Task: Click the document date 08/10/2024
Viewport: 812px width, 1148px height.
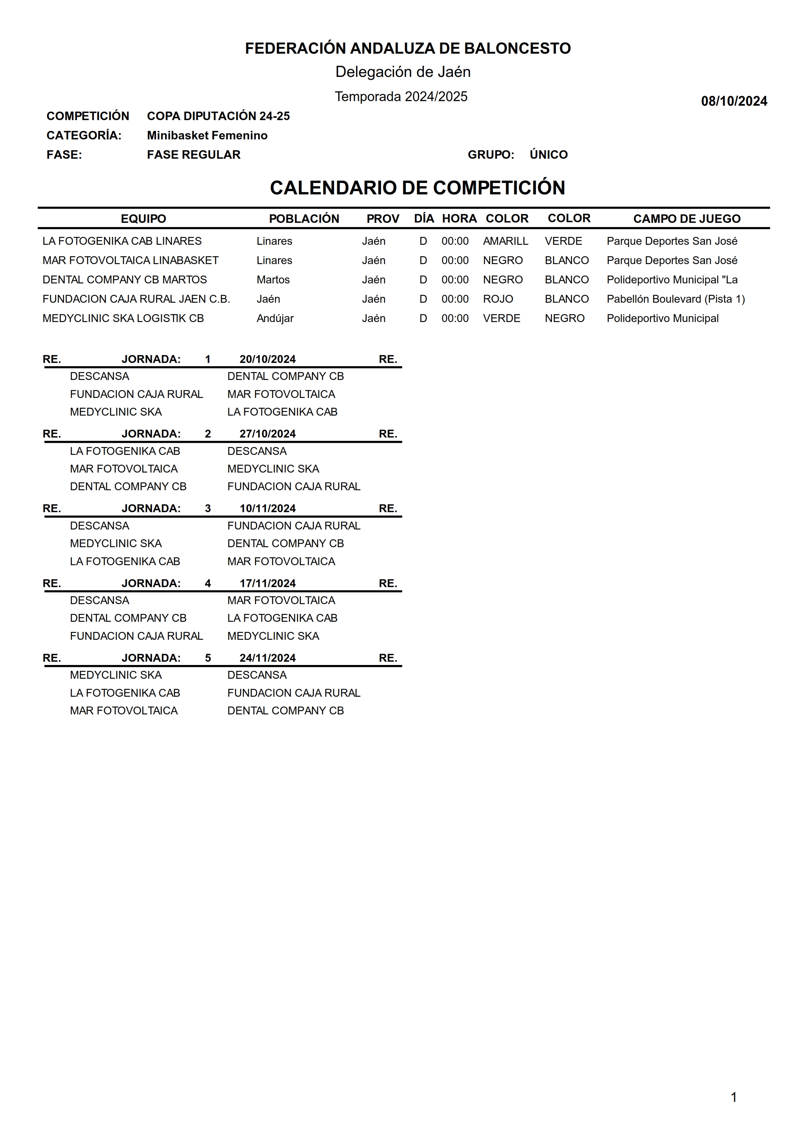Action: coord(734,101)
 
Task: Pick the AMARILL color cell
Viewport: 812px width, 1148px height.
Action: coord(505,241)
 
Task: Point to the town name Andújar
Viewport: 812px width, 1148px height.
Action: coord(275,319)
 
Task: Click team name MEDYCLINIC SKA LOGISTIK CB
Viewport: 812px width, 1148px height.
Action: coord(123,319)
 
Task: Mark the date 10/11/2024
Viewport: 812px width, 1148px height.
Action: coord(268,509)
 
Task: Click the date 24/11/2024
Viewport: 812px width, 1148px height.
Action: coord(268,658)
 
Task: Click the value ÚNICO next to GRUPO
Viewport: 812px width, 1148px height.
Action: coord(548,155)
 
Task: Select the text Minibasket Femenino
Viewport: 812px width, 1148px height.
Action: coord(207,135)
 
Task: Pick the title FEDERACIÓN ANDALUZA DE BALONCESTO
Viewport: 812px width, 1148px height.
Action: coord(407,48)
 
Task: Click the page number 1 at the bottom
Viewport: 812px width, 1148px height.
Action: coord(734,1098)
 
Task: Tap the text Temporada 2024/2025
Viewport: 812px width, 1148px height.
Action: coord(401,97)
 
